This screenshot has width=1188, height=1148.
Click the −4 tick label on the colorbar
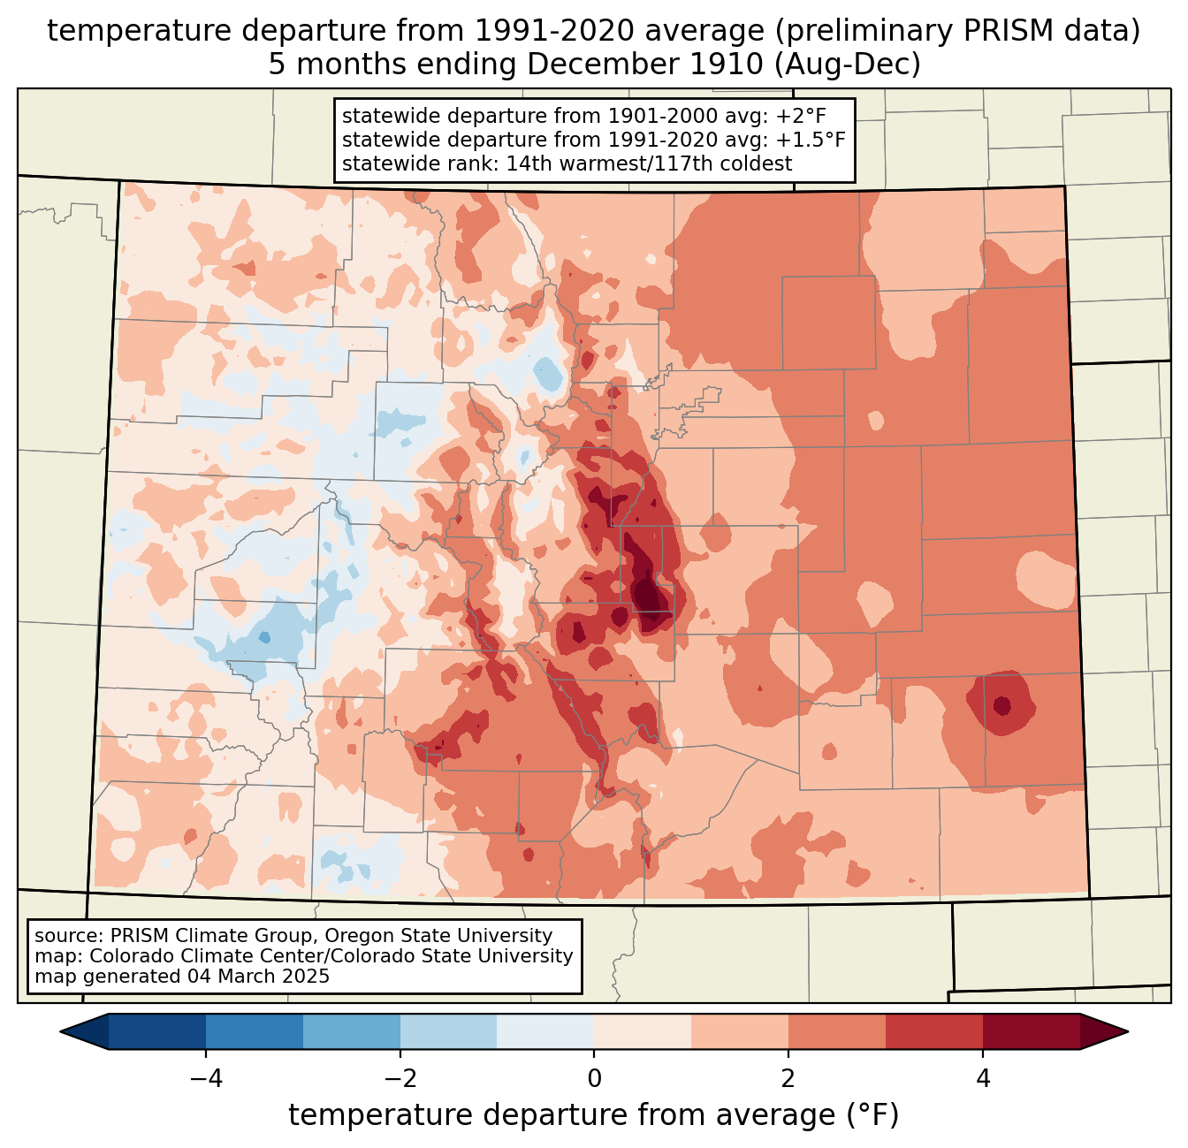pos(205,1078)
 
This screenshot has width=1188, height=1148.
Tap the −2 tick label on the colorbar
pos(400,1078)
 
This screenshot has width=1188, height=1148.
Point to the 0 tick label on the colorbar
pos(594,1078)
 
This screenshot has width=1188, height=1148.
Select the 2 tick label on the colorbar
pos(788,1078)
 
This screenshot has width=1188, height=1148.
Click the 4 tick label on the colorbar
pos(983,1078)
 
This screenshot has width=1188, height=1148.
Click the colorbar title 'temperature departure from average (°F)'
pos(593,1115)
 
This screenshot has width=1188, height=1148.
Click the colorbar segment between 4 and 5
pos(1032,1031)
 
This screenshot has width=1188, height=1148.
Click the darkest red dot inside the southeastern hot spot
pos(1001,705)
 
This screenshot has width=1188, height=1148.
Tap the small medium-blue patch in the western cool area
pos(263,637)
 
